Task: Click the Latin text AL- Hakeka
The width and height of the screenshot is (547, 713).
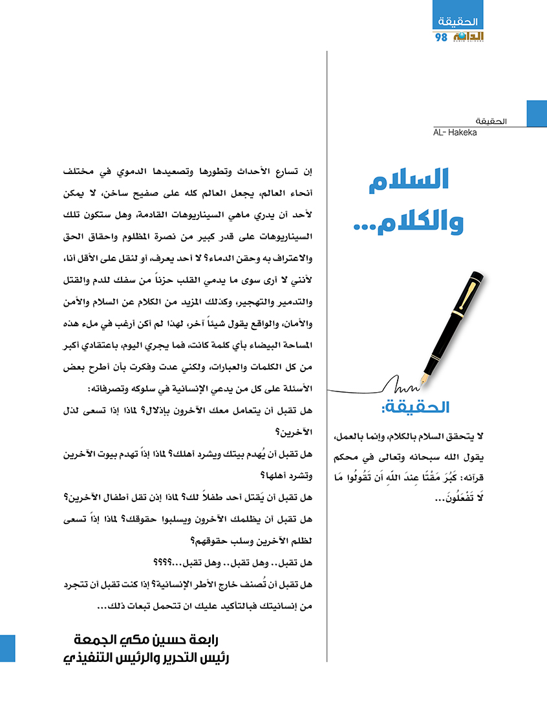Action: point(456,133)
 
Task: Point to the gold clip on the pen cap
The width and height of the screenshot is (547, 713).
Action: point(476,294)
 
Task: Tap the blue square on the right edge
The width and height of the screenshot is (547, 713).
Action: point(537,113)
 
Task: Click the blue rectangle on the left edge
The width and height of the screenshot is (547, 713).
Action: point(7,648)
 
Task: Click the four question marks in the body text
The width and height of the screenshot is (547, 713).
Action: point(160,561)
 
